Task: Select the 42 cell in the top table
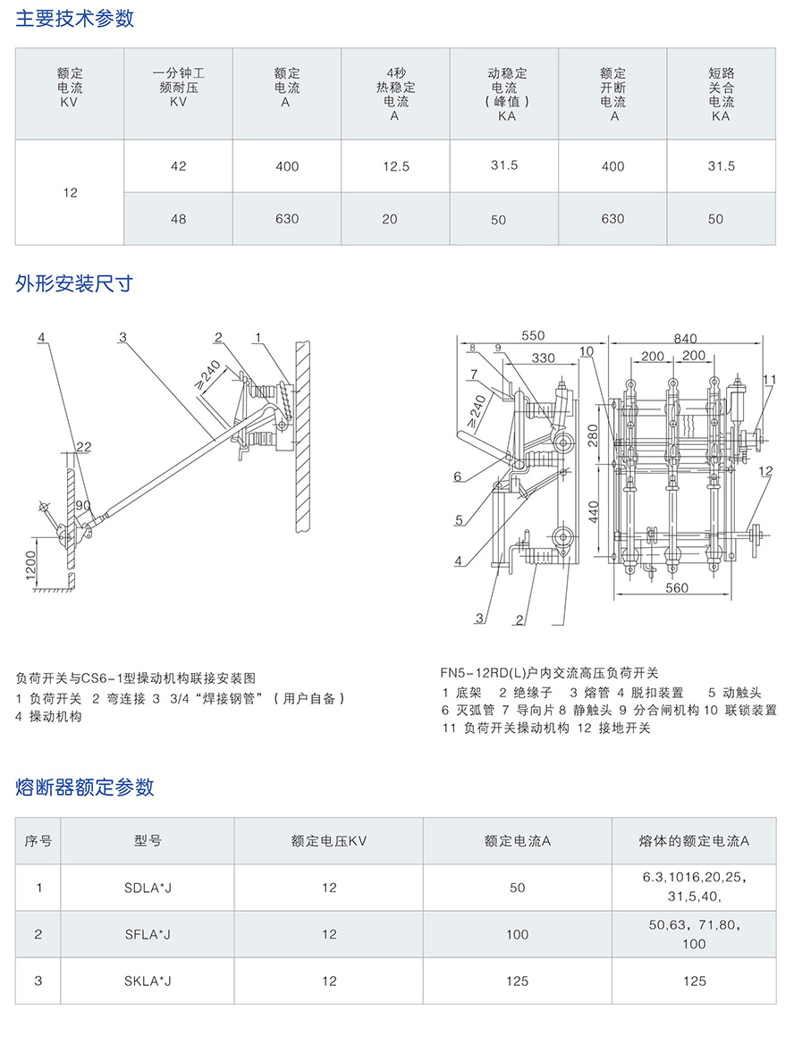coord(179,166)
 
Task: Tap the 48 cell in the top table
coord(179,219)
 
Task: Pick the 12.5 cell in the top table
coord(395,167)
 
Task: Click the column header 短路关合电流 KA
coord(721,95)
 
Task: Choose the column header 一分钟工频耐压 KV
coord(179,88)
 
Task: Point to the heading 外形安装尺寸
coord(75,284)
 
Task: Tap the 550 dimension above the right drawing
coord(532,336)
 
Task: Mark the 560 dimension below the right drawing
coord(677,588)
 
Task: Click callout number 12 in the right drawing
coord(766,471)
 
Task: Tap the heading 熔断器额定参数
coord(85,787)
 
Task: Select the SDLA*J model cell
coord(148,888)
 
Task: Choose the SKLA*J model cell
coord(148,981)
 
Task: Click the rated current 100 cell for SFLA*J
coord(517,934)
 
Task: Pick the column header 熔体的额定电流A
coord(694,841)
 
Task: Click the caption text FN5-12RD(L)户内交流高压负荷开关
coord(549,673)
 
